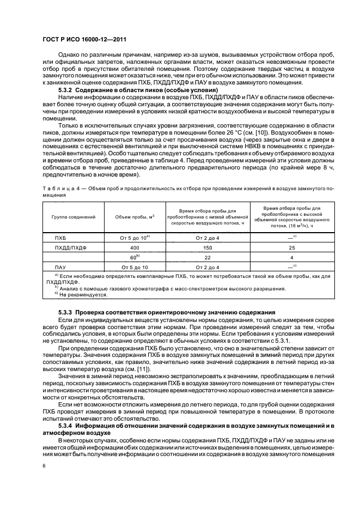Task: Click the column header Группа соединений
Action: (x=74, y=216)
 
